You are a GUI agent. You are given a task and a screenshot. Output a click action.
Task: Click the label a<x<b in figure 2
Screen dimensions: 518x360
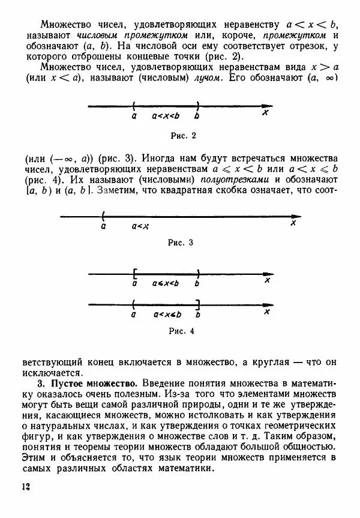pyautogui.click(x=166, y=116)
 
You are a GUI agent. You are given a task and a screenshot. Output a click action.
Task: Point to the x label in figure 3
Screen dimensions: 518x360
pyautogui.click(x=293, y=224)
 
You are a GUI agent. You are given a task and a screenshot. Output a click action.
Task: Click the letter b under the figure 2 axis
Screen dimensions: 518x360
pyautogui.click(x=197, y=116)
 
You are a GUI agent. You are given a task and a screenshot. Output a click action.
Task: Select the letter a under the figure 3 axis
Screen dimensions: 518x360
pyautogui.click(x=104, y=226)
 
